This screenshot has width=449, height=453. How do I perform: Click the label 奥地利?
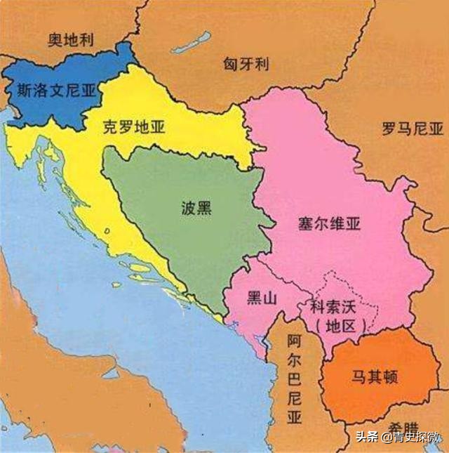pyautogui.click(x=71, y=39)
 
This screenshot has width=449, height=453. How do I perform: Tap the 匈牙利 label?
pyautogui.click(x=246, y=65)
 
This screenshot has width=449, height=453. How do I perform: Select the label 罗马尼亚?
pyautogui.click(x=413, y=129)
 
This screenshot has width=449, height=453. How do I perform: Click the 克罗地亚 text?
pyautogui.click(x=133, y=126)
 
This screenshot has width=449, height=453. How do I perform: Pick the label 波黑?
pyautogui.click(x=196, y=209)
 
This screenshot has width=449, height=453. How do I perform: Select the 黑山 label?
pyautogui.click(x=261, y=298)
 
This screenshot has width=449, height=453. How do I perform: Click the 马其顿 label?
pyautogui.click(x=375, y=376)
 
